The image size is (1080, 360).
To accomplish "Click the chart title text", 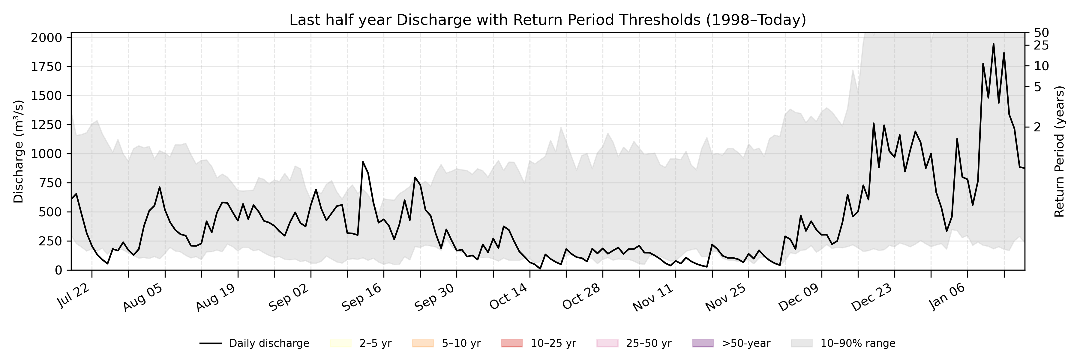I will (547, 20).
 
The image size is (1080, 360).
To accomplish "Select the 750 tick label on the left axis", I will (52, 183).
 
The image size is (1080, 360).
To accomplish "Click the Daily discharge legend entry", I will (254, 343).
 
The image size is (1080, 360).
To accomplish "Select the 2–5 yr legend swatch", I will (340, 343).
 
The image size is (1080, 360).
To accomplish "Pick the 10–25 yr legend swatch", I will (511, 343).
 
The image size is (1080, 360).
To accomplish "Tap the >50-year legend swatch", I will (703, 343).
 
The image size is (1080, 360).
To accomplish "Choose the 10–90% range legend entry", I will (843, 343).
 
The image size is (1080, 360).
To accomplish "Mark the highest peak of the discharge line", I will (993, 43).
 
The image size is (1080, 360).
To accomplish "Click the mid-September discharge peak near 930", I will (363, 162).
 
